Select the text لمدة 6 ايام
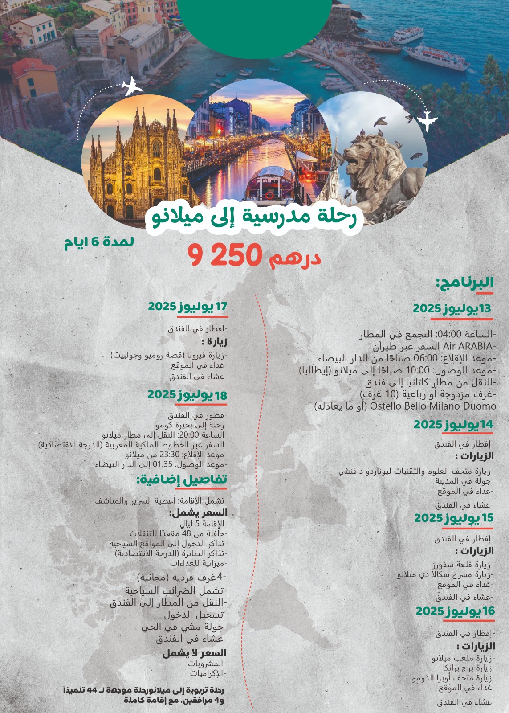[99, 242]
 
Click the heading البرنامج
[464, 283]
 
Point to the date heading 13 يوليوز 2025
[452, 308]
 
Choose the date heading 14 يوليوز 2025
[453, 425]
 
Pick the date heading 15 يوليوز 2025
[454, 518]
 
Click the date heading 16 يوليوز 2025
[455, 611]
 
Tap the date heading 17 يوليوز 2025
[187, 307]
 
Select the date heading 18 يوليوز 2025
[187, 395]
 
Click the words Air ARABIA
[467, 346]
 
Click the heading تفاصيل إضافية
[182, 480]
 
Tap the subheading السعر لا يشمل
[194, 653]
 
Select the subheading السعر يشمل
[198, 512]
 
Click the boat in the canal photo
[269, 183]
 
